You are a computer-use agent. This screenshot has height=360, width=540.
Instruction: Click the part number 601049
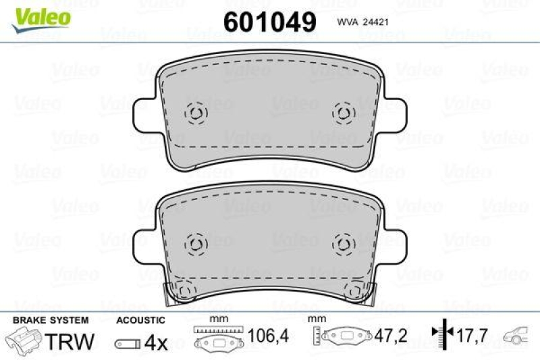(269, 22)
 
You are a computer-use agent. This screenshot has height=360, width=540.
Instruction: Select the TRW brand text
(70, 342)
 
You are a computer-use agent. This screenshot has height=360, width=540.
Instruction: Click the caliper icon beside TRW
(24, 339)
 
